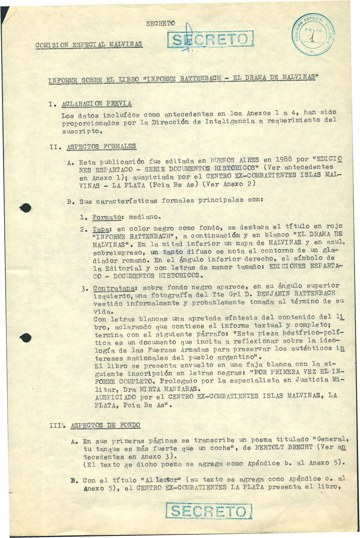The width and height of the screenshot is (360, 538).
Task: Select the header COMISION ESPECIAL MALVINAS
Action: [x=89, y=45]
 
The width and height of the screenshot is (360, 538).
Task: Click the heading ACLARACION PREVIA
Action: [x=97, y=104]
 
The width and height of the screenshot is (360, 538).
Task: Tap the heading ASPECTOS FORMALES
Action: [x=101, y=146]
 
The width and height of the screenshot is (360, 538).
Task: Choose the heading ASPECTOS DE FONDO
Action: [x=105, y=425]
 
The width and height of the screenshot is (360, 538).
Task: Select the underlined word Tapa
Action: [x=101, y=229]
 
